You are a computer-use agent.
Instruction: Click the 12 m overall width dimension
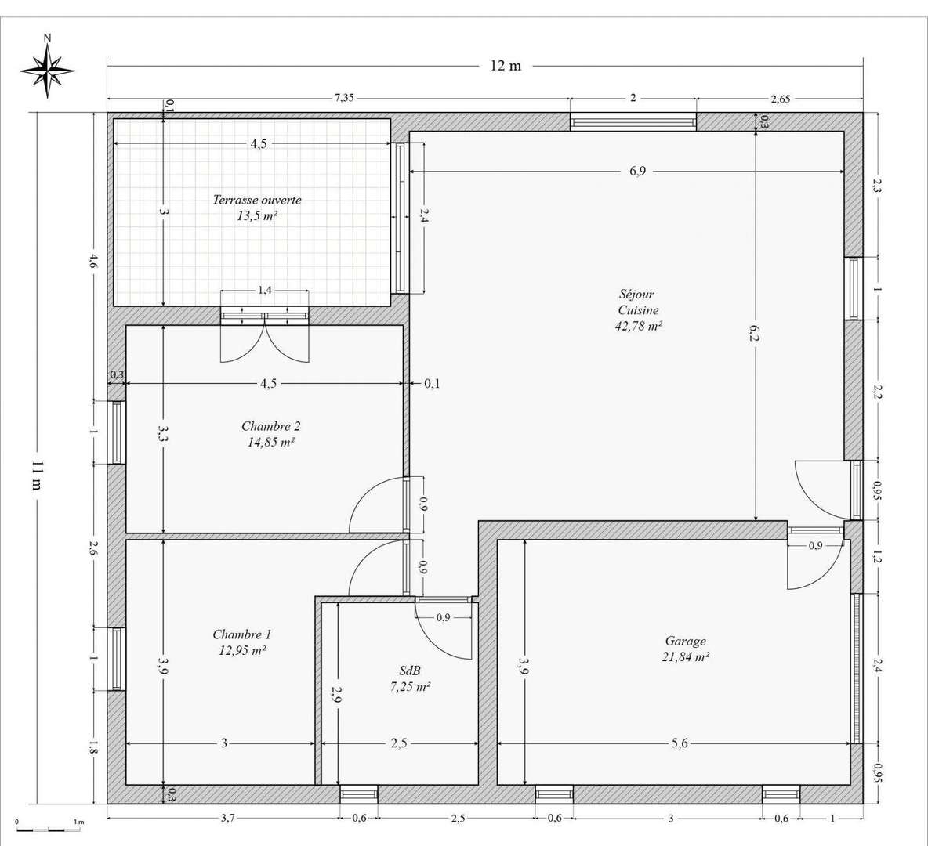pyautogui.click(x=506, y=66)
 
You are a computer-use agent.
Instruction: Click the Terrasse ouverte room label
pyautogui.click(x=257, y=200)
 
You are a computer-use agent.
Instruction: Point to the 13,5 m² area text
pyautogui.click(x=257, y=216)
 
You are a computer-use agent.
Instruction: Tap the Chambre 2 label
pyautogui.click(x=271, y=426)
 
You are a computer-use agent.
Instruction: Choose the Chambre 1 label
pyautogui.click(x=242, y=634)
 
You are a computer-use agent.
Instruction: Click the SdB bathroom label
pyautogui.click(x=410, y=671)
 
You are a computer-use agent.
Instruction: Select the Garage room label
pyautogui.click(x=686, y=641)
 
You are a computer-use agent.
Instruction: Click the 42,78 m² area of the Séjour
pyautogui.click(x=639, y=326)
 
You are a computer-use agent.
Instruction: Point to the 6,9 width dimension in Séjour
pyautogui.click(x=637, y=172)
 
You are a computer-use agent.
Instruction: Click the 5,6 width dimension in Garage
pyautogui.click(x=680, y=743)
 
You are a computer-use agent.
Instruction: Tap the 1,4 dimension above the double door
pyautogui.click(x=265, y=291)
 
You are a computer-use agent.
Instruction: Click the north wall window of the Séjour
pyautogui.click(x=633, y=122)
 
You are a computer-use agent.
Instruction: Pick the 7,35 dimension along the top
pyautogui.click(x=344, y=98)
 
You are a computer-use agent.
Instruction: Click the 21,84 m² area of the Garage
pyautogui.click(x=686, y=656)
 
